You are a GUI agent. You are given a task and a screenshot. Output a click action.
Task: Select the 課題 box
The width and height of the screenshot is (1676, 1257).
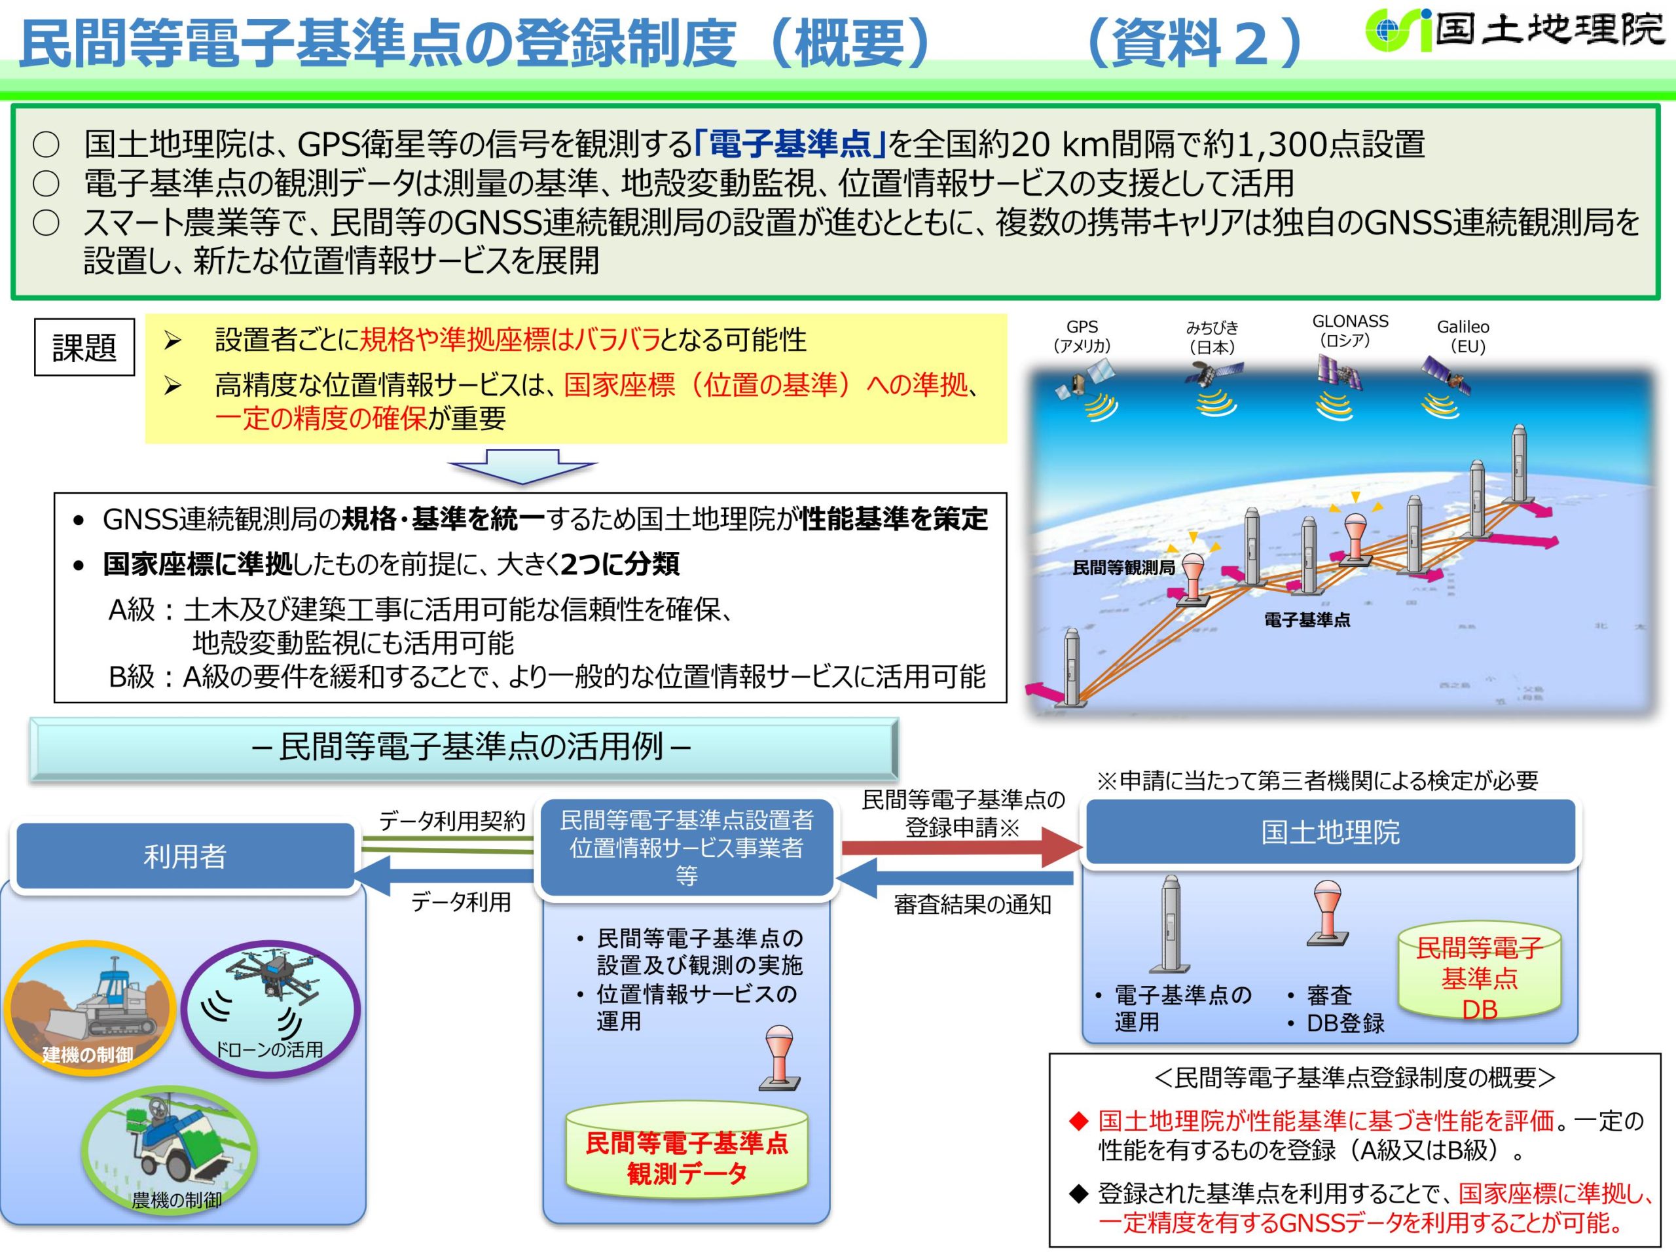click(x=84, y=348)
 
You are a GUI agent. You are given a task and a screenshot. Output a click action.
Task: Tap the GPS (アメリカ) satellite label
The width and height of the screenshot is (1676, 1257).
click(x=1082, y=337)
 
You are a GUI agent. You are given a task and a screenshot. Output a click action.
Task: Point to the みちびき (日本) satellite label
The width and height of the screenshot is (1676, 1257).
click(x=1212, y=337)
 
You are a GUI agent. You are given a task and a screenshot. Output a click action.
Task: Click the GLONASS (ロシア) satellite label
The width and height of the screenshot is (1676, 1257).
click(x=1350, y=331)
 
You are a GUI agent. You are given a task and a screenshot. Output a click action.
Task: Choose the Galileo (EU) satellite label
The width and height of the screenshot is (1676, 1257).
click(x=1463, y=337)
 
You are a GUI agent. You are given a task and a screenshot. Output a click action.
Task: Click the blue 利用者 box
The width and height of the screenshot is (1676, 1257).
click(x=185, y=856)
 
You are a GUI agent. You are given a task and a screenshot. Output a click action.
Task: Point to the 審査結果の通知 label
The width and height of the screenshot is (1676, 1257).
click(x=972, y=904)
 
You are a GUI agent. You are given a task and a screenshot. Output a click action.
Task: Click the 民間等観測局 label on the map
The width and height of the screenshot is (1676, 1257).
click(x=1123, y=567)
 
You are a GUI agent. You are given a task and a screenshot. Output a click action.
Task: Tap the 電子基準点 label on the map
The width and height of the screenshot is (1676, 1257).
click(x=1306, y=620)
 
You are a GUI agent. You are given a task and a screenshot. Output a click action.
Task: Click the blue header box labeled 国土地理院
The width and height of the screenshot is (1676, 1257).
click(x=1330, y=832)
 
